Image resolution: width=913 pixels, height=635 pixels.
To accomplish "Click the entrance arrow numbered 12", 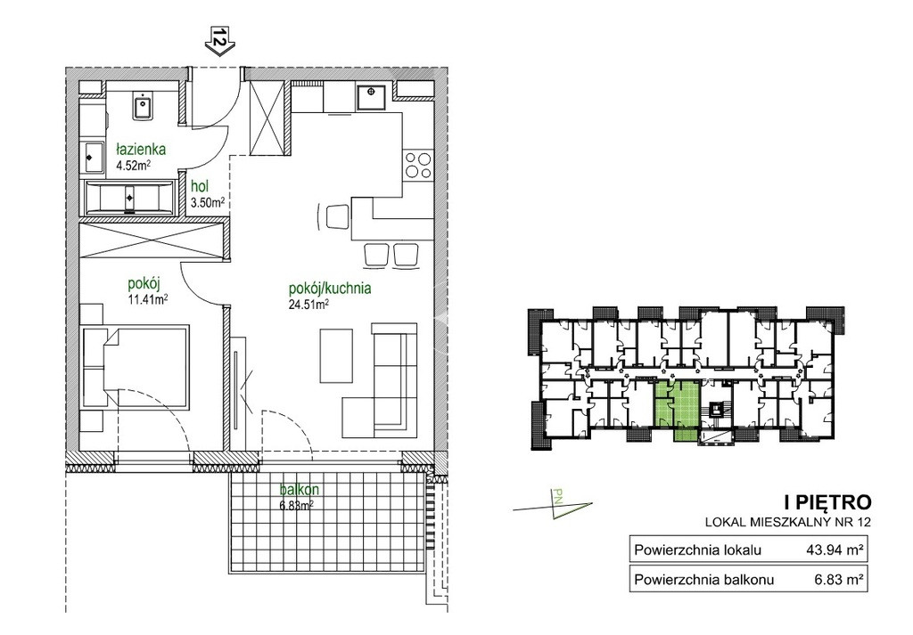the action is (219, 41).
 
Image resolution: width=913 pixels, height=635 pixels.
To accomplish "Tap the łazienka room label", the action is (140, 150).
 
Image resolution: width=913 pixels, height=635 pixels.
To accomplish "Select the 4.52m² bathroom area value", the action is (134, 165).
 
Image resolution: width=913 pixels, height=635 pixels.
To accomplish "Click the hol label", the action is (201, 187).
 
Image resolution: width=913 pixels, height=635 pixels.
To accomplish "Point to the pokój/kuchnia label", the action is (330, 288).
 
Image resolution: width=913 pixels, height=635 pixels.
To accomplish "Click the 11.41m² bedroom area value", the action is (148, 300).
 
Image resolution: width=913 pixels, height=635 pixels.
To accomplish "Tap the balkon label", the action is (299, 490).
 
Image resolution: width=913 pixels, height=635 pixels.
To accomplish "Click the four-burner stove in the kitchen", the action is (419, 164).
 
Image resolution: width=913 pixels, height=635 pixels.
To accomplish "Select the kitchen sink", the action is (371, 96).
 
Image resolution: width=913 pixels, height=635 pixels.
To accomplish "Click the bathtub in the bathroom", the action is (129, 197).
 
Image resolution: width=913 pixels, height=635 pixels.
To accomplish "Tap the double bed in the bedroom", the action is (136, 368).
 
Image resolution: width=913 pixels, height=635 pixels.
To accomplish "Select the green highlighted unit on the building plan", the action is (678, 408).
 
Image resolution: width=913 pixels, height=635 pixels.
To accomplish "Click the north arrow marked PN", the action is (554, 503).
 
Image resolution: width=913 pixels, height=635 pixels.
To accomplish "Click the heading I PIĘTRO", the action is (828, 501).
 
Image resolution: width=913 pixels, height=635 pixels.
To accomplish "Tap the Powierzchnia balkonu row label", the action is (704, 579).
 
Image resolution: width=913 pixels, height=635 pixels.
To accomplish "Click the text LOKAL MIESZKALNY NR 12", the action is (788, 522).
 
